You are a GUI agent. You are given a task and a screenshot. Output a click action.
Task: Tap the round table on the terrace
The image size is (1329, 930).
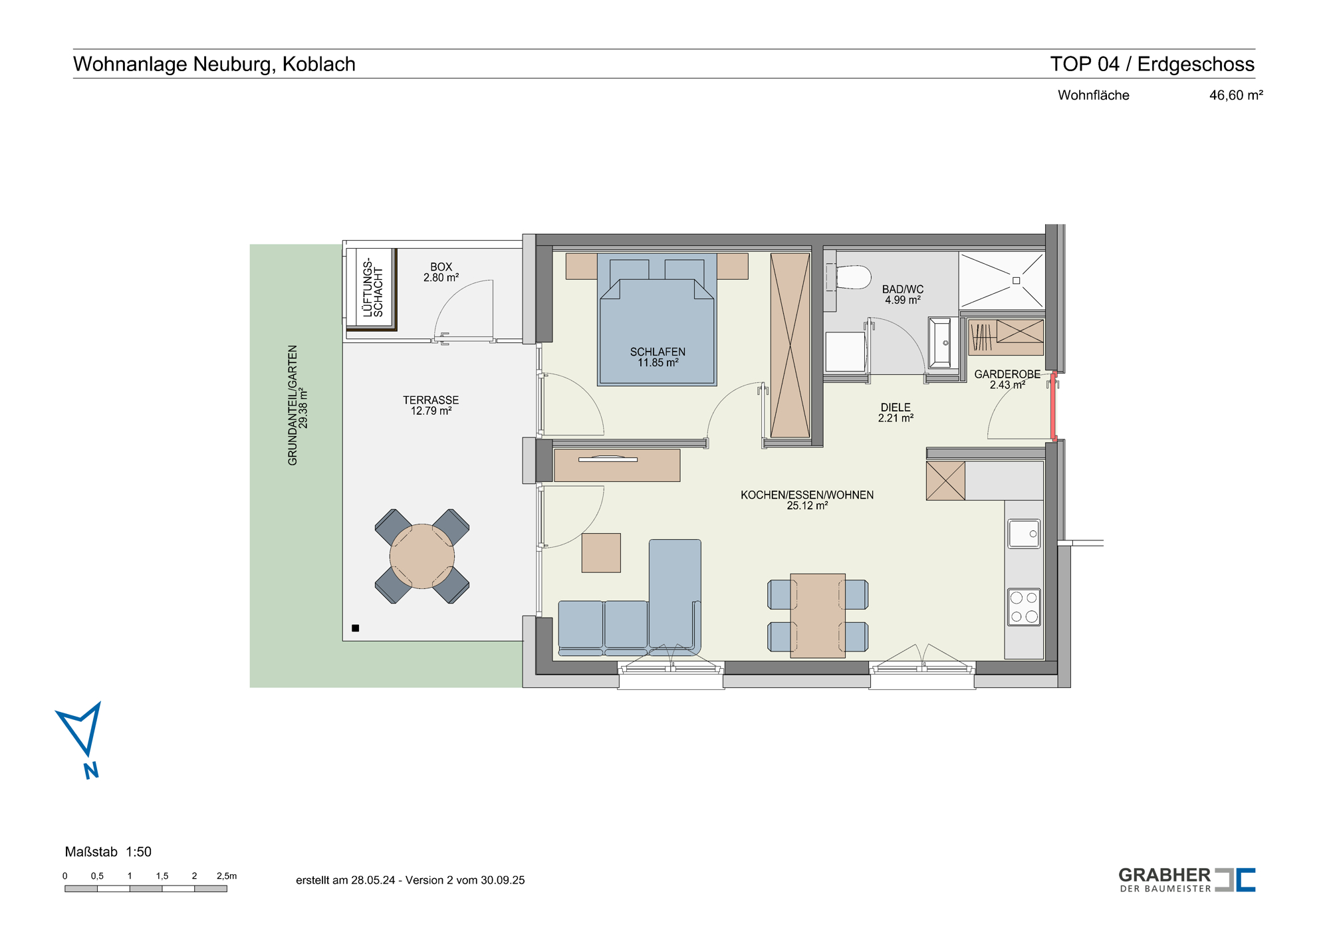(422, 556)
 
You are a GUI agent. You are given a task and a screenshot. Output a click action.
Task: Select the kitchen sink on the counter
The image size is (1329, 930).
(1024, 534)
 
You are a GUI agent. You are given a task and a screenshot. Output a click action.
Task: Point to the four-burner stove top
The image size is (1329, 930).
(1024, 607)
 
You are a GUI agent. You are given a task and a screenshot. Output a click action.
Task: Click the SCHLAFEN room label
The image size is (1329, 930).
(658, 352)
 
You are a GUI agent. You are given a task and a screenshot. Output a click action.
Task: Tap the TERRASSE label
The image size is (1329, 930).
(431, 400)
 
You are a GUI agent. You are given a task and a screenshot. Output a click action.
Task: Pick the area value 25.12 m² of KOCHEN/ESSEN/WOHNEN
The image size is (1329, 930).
(807, 506)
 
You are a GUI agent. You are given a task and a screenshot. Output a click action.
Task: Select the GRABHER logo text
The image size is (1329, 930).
(1165, 875)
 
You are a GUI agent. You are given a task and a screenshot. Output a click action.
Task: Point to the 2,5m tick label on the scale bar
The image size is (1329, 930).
(227, 876)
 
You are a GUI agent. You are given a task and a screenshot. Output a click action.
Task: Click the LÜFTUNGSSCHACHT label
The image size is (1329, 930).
(373, 288)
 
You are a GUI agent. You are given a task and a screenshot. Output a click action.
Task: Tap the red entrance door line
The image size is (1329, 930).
(1054, 406)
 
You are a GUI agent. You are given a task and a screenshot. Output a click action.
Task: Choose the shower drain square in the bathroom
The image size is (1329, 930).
(1016, 281)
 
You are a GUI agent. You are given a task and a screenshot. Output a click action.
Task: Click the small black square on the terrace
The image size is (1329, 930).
(356, 628)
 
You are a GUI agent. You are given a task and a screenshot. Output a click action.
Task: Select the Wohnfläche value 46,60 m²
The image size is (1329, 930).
(1236, 95)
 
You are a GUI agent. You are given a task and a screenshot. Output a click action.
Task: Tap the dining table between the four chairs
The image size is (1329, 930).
(818, 616)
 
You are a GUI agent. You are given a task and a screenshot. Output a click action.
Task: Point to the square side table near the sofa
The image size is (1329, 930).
(601, 553)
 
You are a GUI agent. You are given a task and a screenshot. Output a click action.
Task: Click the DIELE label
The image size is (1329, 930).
(896, 407)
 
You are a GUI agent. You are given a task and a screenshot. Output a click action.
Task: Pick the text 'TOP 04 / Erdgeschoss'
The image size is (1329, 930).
(1152, 64)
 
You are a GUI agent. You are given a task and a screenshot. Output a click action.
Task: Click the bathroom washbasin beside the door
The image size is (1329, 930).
(940, 343)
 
